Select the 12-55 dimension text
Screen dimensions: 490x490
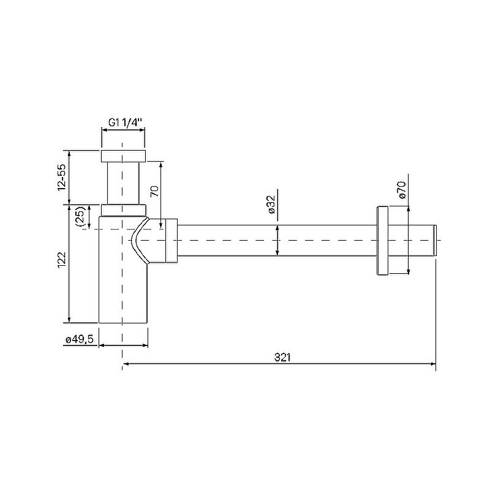pos(62,177)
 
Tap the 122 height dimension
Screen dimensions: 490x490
pos(62,259)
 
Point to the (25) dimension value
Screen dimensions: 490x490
pos(80,216)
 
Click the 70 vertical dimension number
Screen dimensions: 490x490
pos(155,191)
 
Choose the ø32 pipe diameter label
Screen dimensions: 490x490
pos(271,204)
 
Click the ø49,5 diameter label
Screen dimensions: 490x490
pos(80,339)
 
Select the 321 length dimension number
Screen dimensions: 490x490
pos(282,357)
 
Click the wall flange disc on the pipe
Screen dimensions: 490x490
pos(383,240)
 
